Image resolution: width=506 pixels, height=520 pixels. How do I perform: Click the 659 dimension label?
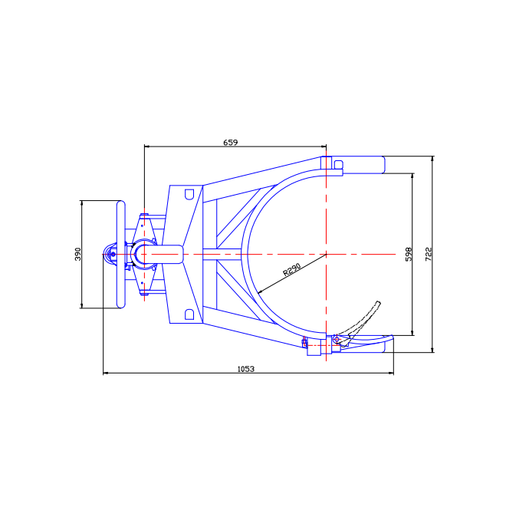[231, 142]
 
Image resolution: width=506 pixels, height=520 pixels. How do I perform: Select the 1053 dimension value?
[246, 369]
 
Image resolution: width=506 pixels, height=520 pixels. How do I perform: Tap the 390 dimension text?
[77, 254]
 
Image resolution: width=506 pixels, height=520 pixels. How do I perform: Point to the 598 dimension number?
[409, 254]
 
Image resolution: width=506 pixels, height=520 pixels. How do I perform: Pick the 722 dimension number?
[429, 254]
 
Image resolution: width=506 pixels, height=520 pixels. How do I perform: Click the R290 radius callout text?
[292, 269]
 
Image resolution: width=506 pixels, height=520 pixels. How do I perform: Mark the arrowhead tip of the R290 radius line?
[258, 294]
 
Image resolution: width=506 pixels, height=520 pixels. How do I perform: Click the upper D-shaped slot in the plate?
[189, 194]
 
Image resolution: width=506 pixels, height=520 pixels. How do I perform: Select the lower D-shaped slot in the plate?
[189, 314]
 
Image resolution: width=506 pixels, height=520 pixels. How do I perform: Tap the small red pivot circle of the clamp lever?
[337, 339]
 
